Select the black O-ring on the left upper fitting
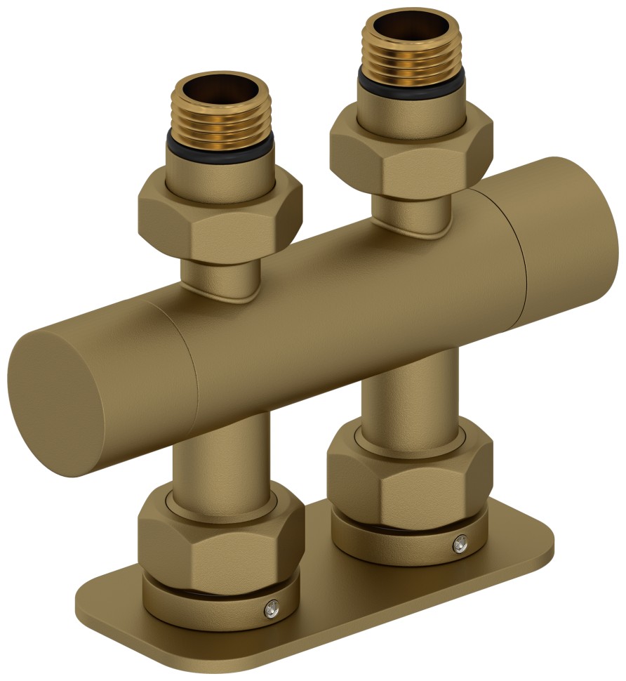tap(222, 149)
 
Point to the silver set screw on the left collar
tap(270, 609)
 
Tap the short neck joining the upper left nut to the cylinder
tap(221, 278)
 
